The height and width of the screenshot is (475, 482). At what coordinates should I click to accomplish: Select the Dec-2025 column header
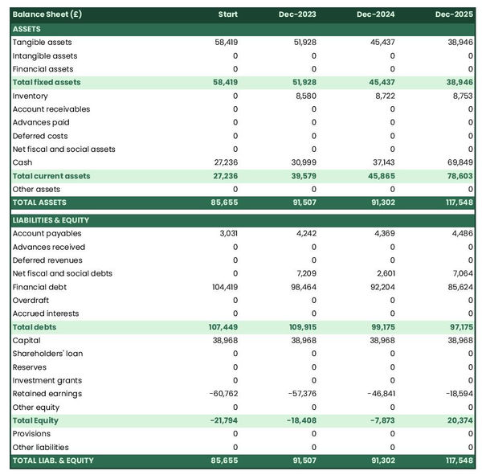[x=455, y=14]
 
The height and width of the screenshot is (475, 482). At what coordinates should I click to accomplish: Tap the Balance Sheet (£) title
[x=47, y=14]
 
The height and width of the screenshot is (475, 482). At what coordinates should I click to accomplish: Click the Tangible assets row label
[x=42, y=42]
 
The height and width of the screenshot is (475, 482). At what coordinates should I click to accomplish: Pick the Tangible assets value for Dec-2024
[x=380, y=42]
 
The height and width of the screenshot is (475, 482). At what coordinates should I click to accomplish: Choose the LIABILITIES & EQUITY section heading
[x=51, y=220]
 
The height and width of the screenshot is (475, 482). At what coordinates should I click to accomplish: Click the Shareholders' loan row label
[x=47, y=354]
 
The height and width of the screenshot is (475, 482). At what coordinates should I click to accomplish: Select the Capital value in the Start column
[x=225, y=340]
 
